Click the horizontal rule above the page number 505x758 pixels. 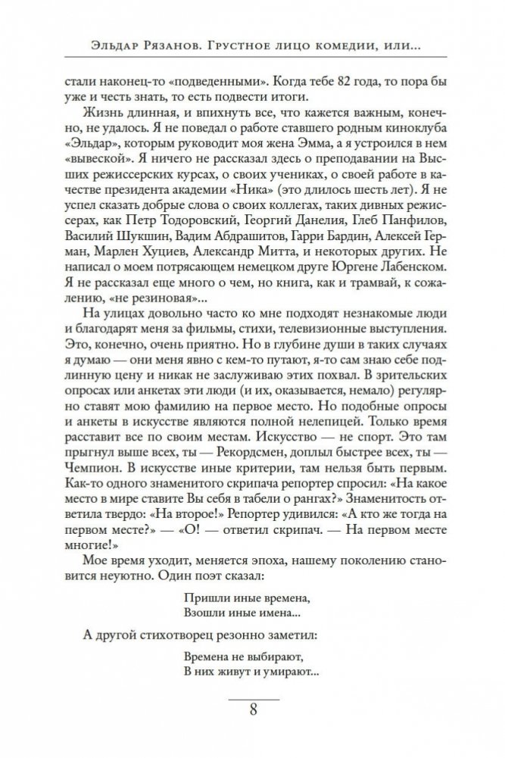click(253, 694)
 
